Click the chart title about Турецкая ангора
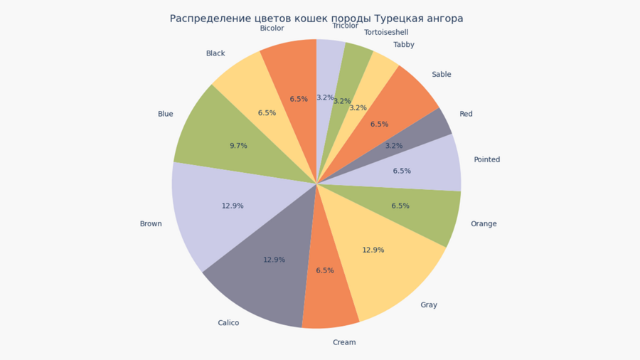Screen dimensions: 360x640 pos(316,18)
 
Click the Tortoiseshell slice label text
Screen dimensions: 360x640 pos(386,32)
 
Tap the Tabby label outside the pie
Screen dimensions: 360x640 pos(404,45)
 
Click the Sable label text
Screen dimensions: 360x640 pos(441,74)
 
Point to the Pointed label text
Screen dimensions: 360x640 pos(487,159)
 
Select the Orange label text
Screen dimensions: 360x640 pos(484,223)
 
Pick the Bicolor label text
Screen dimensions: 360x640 pos(272,28)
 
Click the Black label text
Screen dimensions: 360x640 pos(215,53)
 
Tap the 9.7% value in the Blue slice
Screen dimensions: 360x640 pos(238,146)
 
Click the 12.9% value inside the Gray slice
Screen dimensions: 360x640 pos(373,250)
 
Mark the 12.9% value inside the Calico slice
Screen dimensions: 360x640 pos(274,260)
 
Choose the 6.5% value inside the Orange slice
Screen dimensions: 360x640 pos(400,206)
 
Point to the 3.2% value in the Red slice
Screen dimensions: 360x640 pos(394,146)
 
